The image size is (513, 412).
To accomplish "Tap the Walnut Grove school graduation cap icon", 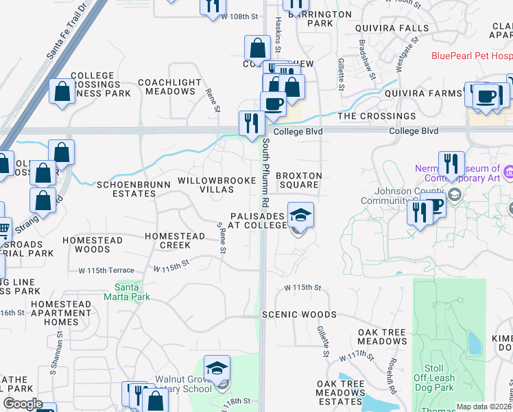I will pyautogui.click(x=217, y=369).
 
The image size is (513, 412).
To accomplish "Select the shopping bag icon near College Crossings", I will pyautogui.click(x=62, y=92).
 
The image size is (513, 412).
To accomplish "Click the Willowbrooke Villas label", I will pyautogui.click(x=211, y=185).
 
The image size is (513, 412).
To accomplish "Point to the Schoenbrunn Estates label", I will pyautogui.click(x=126, y=189).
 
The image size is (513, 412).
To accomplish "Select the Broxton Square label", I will pyautogui.click(x=298, y=180).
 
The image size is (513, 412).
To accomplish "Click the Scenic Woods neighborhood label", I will pyautogui.click(x=299, y=314).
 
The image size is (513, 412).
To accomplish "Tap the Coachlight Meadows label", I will pyautogui.click(x=169, y=87).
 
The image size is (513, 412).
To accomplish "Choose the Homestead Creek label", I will pyautogui.click(x=175, y=240).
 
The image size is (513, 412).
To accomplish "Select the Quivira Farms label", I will pyautogui.click(x=423, y=93).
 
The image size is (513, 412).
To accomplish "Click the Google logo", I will pyautogui.click(x=23, y=404).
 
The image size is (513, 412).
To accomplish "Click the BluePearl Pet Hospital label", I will pyautogui.click(x=472, y=56).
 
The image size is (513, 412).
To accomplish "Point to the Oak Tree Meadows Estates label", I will pyautogui.click(x=340, y=393).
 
